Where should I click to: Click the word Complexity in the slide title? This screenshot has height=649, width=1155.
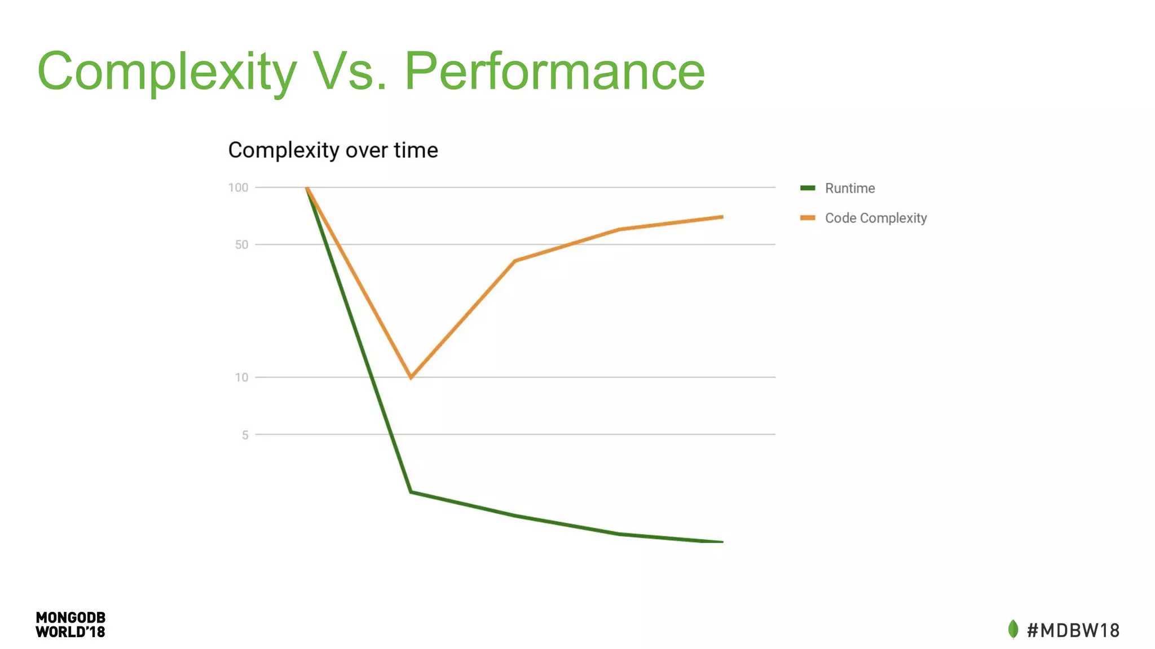pyautogui.click(x=166, y=72)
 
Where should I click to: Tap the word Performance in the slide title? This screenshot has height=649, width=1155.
pyautogui.click(x=554, y=72)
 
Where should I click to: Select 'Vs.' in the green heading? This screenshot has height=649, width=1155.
pyautogui.click(x=350, y=72)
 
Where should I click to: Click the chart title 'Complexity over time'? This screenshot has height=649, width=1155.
pyautogui.click(x=333, y=150)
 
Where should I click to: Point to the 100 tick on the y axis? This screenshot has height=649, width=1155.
pyautogui.click(x=238, y=188)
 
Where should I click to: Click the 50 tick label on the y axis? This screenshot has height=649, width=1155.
pyautogui.click(x=241, y=245)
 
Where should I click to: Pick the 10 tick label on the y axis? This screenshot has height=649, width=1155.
pyautogui.click(x=241, y=378)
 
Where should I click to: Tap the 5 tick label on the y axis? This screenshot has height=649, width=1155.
pyautogui.click(x=245, y=435)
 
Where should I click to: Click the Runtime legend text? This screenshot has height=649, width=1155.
pyautogui.click(x=849, y=189)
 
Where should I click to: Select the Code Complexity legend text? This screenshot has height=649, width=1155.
pyautogui.click(x=875, y=219)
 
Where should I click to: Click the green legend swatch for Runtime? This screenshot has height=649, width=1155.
pyautogui.click(x=807, y=188)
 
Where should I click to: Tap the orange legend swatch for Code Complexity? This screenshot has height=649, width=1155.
pyautogui.click(x=807, y=218)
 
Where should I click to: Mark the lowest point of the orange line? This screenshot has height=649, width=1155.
pyautogui.click(x=411, y=377)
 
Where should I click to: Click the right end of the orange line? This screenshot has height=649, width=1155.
pyautogui.click(x=722, y=217)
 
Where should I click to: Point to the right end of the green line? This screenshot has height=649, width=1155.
pyautogui.click(x=722, y=541)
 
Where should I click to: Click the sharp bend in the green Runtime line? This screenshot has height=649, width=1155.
pyautogui.click(x=411, y=492)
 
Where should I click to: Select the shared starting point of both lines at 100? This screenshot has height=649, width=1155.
pyautogui.click(x=307, y=188)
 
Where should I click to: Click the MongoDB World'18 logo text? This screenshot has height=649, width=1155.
pyautogui.click(x=70, y=625)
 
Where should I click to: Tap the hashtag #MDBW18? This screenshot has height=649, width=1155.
pyautogui.click(x=1073, y=630)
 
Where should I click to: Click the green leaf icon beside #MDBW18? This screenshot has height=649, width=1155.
pyautogui.click(x=1013, y=629)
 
